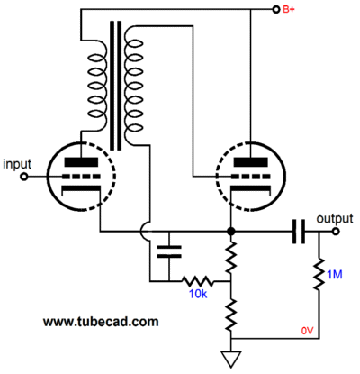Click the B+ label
(x=289, y=9)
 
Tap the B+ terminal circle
(x=275, y=10)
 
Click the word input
(x=17, y=165)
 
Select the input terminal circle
(x=24, y=177)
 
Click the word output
(x=335, y=219)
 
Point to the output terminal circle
(x=336, y=232)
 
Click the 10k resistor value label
(x=198, y=294)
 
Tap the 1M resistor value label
(x=335, y=275)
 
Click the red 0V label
(x=307, y=331)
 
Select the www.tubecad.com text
(x=101, y=322)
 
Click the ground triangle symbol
(x=231, y=360)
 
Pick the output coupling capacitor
(x=299, y=232)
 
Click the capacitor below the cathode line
(x=169, y=251)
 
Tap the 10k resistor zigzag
(x=198, y=281)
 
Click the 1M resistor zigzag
(x=319, y=273)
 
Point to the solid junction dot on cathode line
(x=230, y=232)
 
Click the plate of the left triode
(x=81, y=162)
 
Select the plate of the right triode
(x=250, y=162)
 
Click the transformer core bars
(x=116, y=86)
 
